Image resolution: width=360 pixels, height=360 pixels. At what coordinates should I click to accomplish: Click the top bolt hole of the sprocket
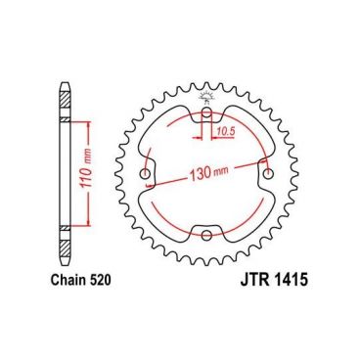click(x=206, y=113)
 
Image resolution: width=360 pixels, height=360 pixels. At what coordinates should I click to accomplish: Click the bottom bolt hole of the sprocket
click(x=206, y=235)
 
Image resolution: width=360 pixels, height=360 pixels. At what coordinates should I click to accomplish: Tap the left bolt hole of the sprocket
click(x=145, y=174)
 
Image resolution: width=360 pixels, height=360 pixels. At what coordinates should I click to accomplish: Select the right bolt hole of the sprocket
click(x=268, y=174)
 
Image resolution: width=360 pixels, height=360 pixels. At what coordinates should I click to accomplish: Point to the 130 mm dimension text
click(x=208, y=173)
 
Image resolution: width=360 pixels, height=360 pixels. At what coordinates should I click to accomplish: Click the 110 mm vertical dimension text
click(x=85, y=172)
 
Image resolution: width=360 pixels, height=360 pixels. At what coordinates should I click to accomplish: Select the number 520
click(x=100, y=280)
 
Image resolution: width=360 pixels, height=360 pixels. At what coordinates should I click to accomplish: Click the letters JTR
click(x=255, y=281)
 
